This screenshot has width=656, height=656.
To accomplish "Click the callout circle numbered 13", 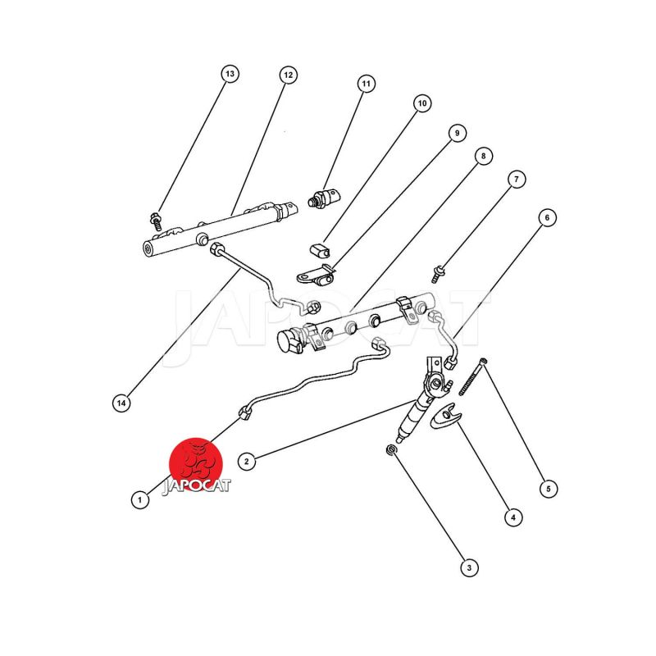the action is (x=230, y=74).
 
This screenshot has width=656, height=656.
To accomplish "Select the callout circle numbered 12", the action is (x=289, y=75).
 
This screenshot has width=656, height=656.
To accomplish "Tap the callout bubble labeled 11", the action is (x=366, y=84).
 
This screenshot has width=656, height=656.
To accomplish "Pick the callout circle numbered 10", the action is (x=422, y=103).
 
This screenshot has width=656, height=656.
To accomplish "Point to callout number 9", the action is (x=457, y=133).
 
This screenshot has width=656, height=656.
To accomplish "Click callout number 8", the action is (x=484, y=156).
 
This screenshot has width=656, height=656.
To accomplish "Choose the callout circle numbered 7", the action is (x=517, y=180).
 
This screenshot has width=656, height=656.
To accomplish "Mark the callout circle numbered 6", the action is (x=547, y=217).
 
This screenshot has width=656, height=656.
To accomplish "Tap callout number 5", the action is (x=549, y=488).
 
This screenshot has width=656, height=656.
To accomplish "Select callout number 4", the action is (x=513, y=517).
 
